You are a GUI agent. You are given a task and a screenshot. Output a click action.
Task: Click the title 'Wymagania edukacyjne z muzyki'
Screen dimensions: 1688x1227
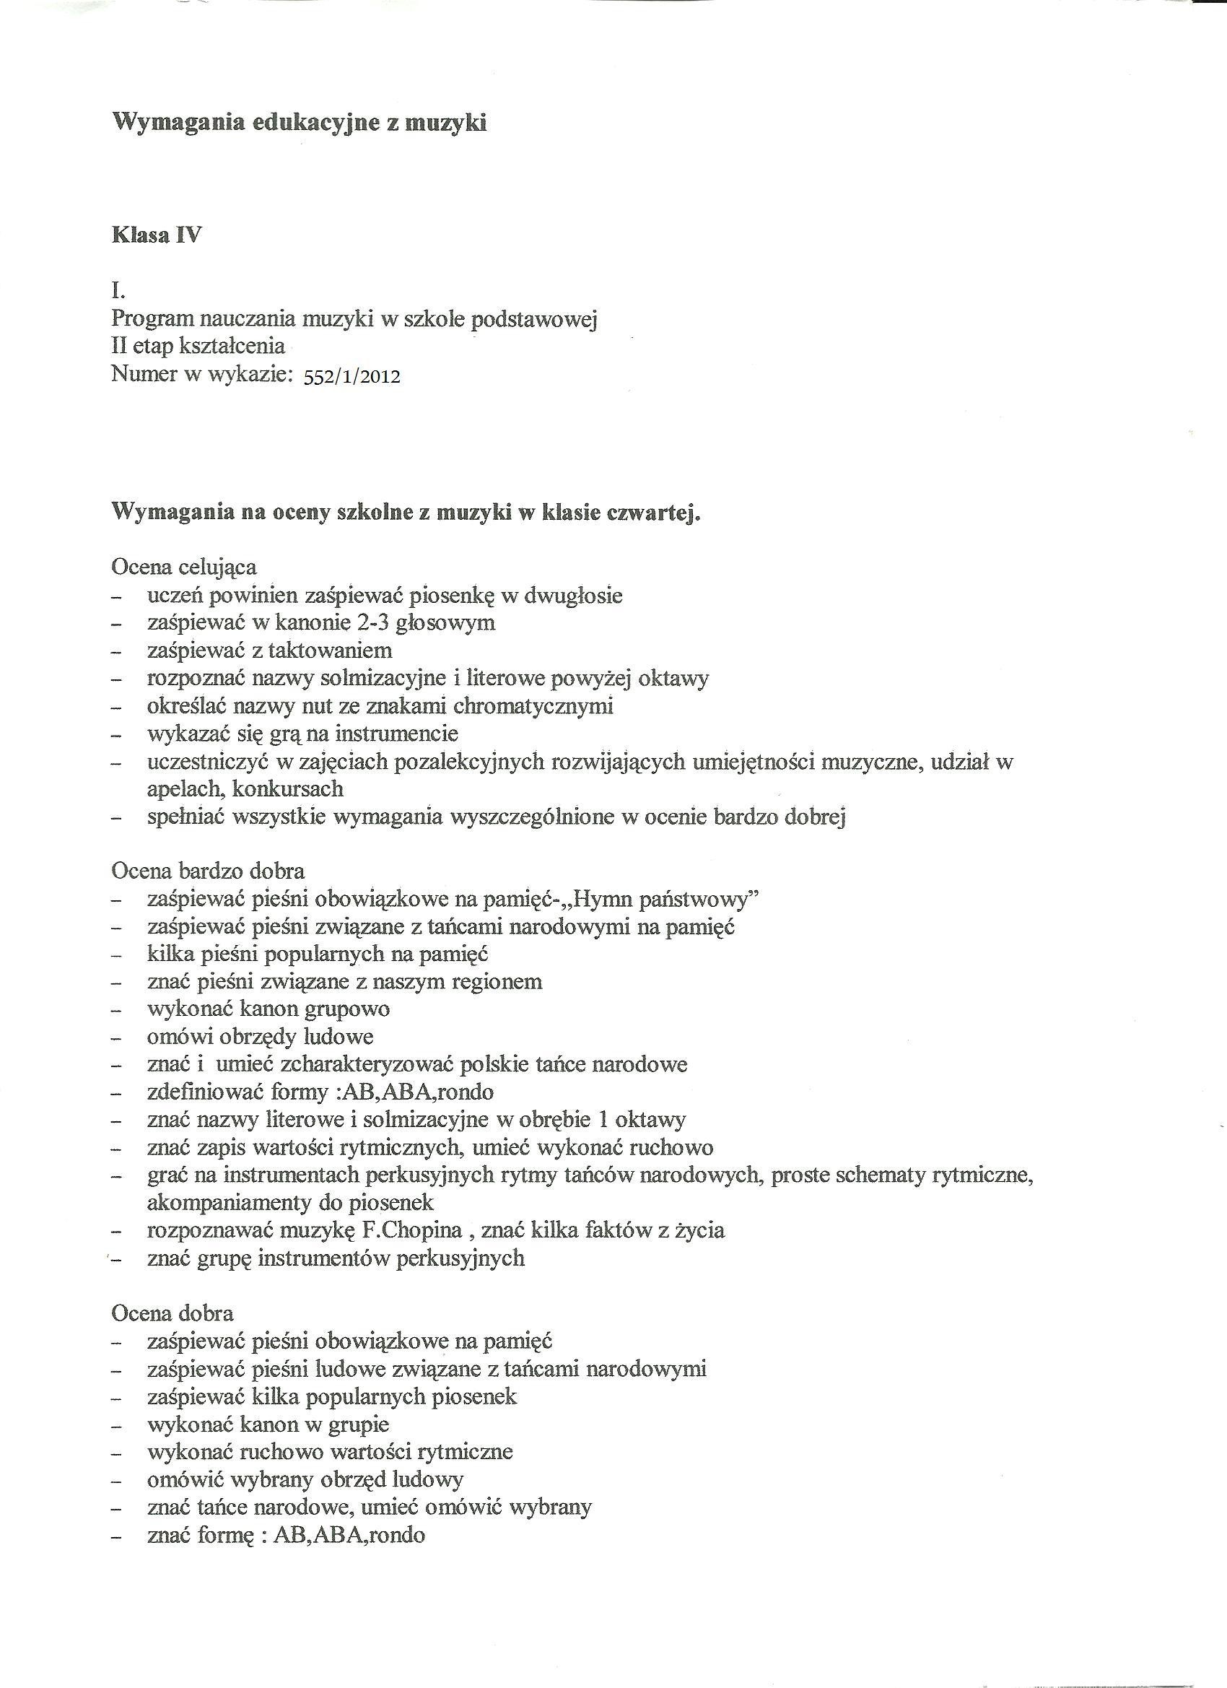point(299,122)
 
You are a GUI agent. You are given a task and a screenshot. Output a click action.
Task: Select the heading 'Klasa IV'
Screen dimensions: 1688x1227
point(156,236)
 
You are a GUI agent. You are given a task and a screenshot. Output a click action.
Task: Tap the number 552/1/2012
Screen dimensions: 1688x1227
point(352,377)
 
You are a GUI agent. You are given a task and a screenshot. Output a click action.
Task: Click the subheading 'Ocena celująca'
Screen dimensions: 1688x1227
point(184,567)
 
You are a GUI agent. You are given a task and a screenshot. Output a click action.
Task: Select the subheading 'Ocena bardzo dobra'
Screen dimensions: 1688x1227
point(208,871)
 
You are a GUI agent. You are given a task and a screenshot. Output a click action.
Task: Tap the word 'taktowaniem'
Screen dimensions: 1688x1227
point(330,651)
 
